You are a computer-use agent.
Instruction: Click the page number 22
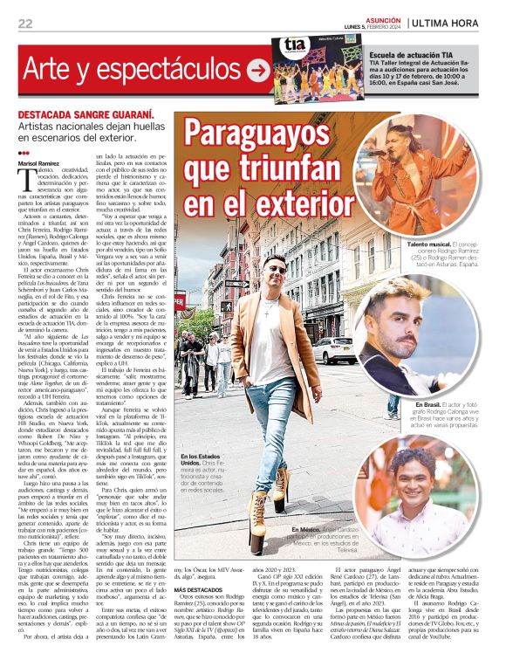25,24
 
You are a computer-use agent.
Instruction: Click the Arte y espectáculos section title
132,68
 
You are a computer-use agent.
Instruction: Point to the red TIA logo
294,49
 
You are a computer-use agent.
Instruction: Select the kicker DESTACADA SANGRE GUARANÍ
87,115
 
